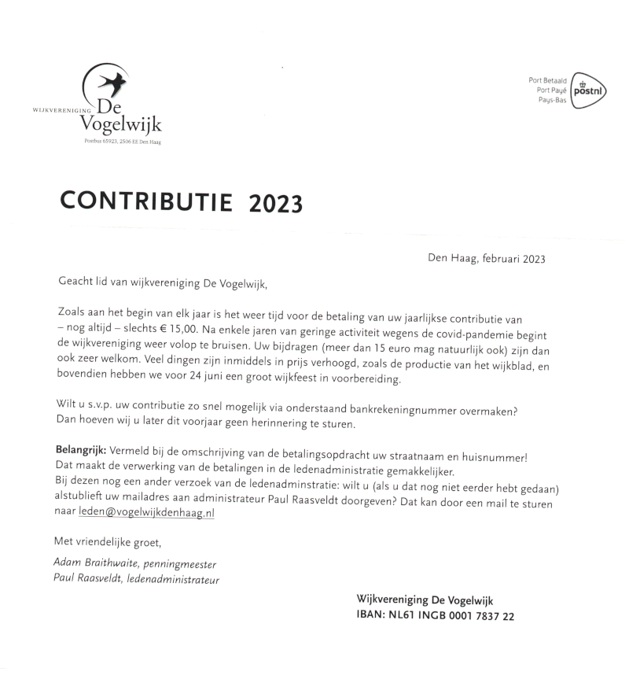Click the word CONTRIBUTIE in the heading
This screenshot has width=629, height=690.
(146, 201)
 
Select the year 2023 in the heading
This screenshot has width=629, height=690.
(275, 204)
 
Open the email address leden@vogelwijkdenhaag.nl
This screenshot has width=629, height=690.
(146, 512)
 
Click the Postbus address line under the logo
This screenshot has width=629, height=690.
(122, 142)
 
